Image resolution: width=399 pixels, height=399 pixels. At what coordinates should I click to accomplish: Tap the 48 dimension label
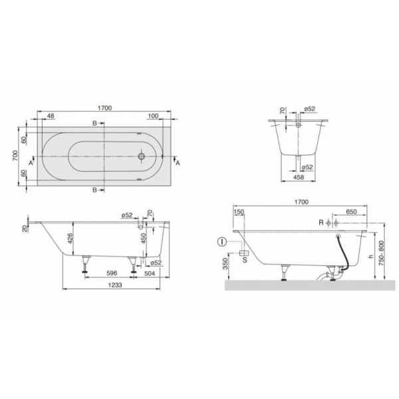coord(51,116)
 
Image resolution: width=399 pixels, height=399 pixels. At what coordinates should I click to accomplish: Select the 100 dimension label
coord(153,116)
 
